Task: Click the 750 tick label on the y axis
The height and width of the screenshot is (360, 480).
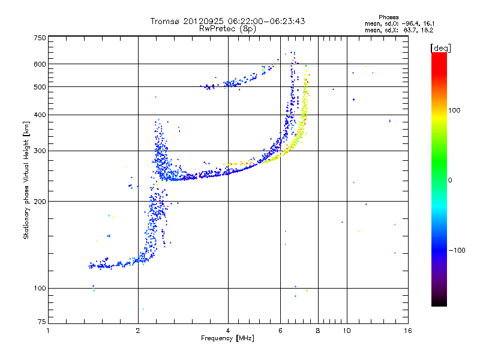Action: tap(40, 37)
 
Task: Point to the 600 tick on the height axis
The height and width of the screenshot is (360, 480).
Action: tap(40, 64)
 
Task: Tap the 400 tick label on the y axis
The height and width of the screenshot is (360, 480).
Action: tap(40, 115)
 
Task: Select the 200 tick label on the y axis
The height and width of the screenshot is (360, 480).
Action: tap(40, 201)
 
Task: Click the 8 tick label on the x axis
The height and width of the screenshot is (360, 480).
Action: tap(318, 331)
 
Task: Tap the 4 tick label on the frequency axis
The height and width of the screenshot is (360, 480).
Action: tap(228, 331)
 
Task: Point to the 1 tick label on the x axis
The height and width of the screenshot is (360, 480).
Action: tap(48, 331)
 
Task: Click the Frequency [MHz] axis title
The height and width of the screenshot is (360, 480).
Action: tap(227, 339)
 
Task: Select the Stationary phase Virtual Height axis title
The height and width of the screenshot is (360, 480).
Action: tap(26, 180)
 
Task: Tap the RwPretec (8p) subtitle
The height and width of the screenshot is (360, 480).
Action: tap(227, 29)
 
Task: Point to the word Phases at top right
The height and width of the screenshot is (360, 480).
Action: tap(389, 17)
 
